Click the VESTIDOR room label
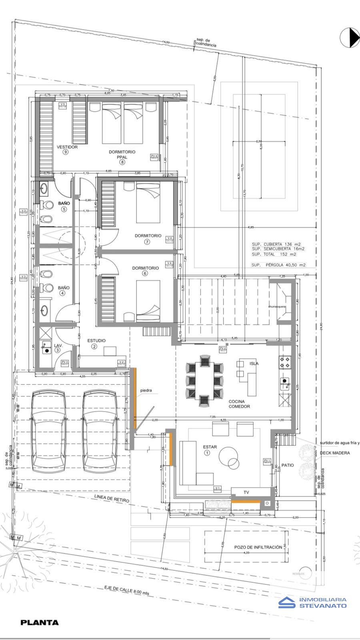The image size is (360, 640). [67, 147]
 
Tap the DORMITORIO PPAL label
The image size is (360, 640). [122, 154]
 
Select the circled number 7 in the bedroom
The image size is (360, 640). [148, 242]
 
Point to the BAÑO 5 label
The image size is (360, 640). [64, 203]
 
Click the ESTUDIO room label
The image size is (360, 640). [96, 340]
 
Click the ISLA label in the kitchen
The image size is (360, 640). [254, 364]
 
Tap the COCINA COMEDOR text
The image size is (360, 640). [239, 404]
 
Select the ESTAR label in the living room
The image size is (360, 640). [210, 447]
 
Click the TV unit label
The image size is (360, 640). [246, 492]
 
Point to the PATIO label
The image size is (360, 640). [288, 465]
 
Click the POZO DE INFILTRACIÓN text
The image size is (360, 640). [258, 547]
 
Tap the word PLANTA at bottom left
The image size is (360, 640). [40, 622]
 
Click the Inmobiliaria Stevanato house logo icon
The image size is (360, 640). [287, 602]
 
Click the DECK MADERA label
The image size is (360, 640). [334, 453]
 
